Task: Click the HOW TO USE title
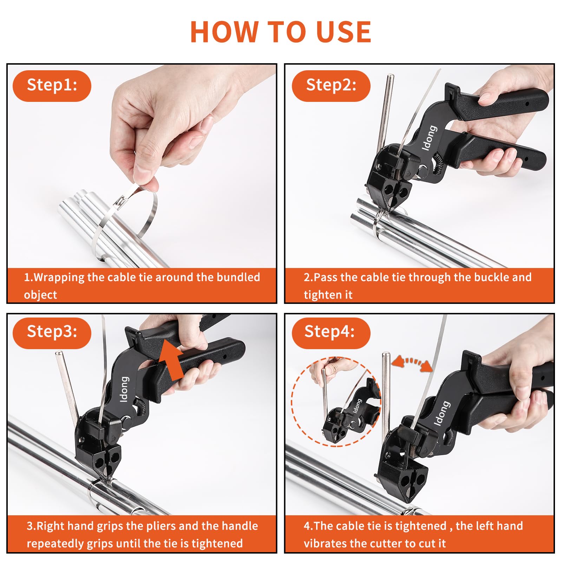click(x=281, y=32)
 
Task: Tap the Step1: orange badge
click(x=52, y=86)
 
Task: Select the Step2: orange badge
click(x=331, y=86)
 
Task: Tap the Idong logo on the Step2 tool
click(x=429, y=138)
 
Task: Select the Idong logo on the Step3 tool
click(x=124, y=389)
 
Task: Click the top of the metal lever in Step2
click(x=390, y=77)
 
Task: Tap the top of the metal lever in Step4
click(x=386, y=355)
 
